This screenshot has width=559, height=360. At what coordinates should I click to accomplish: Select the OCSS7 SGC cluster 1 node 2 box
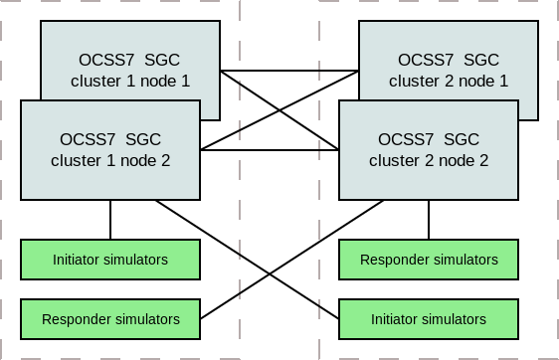[110, 149]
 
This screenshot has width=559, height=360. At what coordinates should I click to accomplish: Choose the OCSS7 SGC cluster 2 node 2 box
[429, 149]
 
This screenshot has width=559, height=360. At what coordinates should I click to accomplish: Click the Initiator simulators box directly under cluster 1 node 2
[110, 260]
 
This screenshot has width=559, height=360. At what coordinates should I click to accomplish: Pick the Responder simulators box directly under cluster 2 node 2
[429, 260]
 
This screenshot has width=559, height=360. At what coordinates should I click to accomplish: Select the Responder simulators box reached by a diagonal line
[110, 319]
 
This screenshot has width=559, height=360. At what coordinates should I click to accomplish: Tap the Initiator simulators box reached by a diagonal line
[429, 319]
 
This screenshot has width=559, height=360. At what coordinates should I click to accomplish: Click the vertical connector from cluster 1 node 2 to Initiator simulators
[110, 219]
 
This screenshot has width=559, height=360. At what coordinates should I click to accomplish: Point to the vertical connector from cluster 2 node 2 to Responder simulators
[429, 219]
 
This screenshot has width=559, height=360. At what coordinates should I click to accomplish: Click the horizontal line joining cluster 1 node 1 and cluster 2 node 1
[288, 72]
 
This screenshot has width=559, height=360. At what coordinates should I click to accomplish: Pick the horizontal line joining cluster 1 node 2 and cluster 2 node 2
[269, 151]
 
